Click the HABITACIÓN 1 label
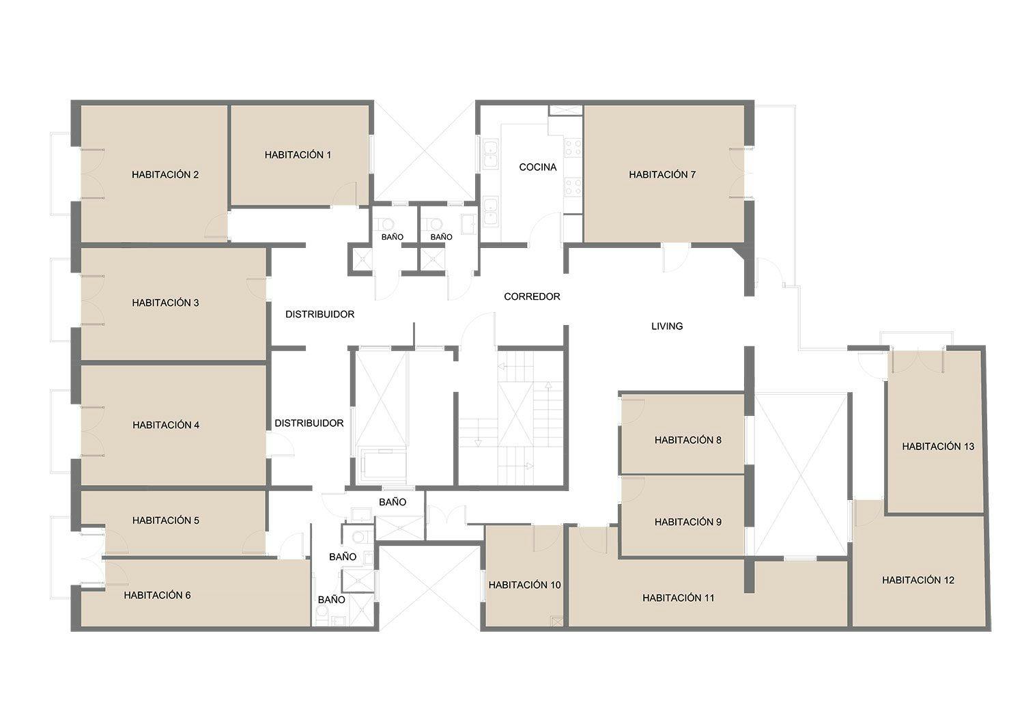[298, 155]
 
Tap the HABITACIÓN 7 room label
[662, 174]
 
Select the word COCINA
[538, 167]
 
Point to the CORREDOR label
[532, 296]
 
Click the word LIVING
[667, 326]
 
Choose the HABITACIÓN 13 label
[938, 447]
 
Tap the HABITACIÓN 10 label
[524, 585]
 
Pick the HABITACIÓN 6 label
[157, 595]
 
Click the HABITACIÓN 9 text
[687, 522]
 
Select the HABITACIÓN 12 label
[918, 580]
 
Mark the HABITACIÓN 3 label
[165, 303]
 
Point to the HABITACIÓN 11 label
[678, 598]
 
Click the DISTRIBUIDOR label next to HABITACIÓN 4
[309, 423]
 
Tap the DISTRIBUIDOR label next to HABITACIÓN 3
[319, 314]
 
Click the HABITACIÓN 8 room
[682, 434]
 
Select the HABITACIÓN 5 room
[173, 523]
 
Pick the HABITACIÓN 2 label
[165, 175]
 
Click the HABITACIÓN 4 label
[165, 425]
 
